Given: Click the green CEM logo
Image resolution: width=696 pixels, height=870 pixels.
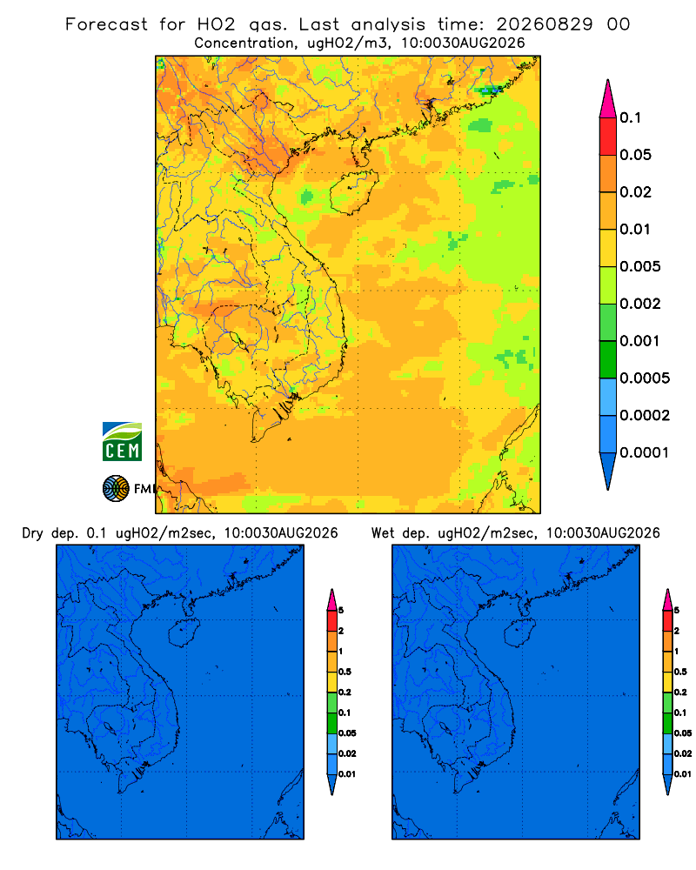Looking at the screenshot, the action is tap(122, 442).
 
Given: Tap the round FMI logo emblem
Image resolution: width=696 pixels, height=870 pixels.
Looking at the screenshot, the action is tap(116, 489).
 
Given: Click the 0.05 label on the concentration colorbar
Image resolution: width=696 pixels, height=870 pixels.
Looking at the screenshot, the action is tap(635, 155).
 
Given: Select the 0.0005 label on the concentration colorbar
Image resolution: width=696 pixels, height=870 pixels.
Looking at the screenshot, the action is tap(645, 378).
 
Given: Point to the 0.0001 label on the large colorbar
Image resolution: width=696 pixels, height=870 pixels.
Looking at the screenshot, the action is tap(645, 452).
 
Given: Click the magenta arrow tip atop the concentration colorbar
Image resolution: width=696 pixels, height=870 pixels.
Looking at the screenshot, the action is tap(608, 98).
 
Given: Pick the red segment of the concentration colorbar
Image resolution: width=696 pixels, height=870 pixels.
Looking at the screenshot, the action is tap(608, 137).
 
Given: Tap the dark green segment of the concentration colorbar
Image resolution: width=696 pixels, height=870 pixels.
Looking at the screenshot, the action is tap(608, 359).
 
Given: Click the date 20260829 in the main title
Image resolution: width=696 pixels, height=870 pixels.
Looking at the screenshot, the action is tap(545, 24).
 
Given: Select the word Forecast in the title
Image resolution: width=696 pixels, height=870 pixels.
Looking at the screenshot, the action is tap(106, 24).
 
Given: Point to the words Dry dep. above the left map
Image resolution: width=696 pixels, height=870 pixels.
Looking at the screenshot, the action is tap(50, 533).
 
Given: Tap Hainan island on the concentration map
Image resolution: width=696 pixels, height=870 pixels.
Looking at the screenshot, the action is tap(354, 191).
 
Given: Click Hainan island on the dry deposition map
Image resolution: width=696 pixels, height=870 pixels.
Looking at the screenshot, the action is tap(184, 633).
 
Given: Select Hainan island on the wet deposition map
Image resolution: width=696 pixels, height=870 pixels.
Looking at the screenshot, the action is tap(520, 633).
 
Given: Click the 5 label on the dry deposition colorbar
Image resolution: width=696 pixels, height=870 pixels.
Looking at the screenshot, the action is tap(341, 611).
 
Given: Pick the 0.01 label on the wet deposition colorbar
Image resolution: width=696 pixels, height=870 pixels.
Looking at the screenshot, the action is tap(683, 774).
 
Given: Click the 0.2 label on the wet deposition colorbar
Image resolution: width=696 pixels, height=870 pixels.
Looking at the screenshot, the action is tap(680, 693).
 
